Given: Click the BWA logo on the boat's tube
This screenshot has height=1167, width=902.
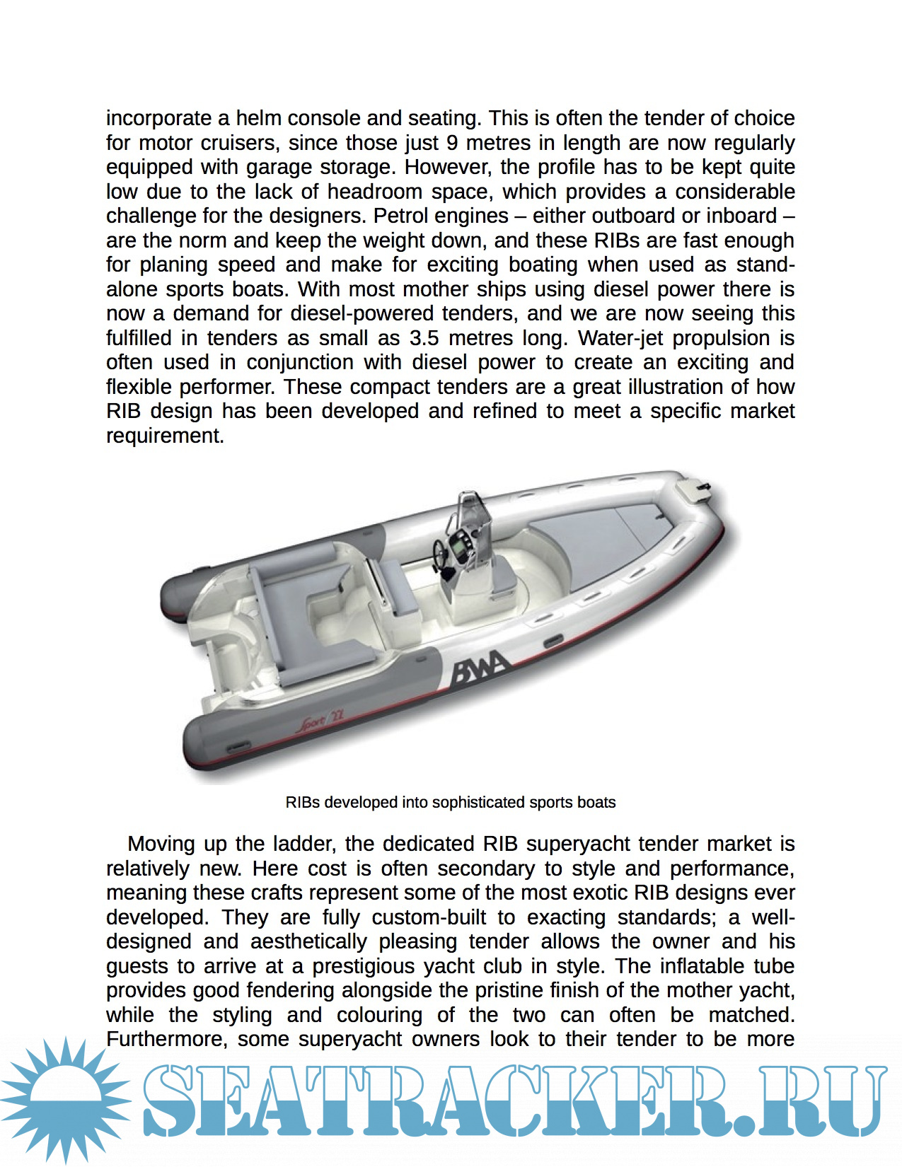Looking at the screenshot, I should coord(479,668).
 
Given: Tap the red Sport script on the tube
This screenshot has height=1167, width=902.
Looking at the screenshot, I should coord(318,722).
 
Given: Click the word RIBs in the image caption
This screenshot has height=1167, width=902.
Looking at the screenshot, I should coord(302,803).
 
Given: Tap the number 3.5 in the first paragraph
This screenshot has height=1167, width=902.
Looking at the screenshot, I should coord(424,338).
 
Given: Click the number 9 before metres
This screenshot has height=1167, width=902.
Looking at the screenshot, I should coord(452,143).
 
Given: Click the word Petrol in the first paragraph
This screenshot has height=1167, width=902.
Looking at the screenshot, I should coord(405,216).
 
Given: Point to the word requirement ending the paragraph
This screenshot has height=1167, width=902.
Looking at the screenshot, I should coord(164,436).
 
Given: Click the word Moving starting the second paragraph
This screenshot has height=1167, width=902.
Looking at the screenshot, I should coord(161,844).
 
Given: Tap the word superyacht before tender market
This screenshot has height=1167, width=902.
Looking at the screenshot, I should coord(572,844).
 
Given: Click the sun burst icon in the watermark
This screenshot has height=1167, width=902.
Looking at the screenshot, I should coord(65,1100).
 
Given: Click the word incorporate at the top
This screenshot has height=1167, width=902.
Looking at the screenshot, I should coord(158,118).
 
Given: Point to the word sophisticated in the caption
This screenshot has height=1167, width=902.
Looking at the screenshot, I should coord(478,803).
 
